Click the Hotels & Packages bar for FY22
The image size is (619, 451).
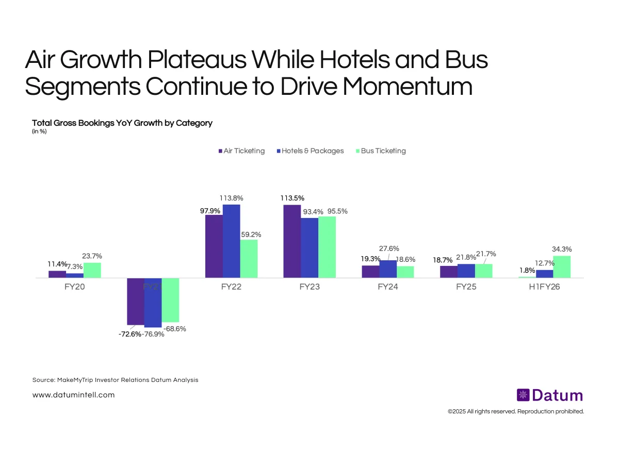pyautogui.click(x=232, y=241)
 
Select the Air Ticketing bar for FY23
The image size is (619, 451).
pyautogui.click(x=292, y=241)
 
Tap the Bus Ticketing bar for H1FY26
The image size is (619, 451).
pyautogui.click(x=562, y=267)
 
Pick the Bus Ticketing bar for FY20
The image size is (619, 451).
pyautogui.click(x=92, y=270)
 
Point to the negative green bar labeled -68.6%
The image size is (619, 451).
pyautogui.click(x=170, y=300)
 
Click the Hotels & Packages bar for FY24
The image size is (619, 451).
pyautogui.click(x=388, y=269)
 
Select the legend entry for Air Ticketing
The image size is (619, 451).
pyautogui.click(x=241, y=151)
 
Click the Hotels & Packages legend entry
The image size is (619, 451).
pyautogui.click(x=309, y=151)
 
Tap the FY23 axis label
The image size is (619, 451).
pyautogui.click(x=309, y=287)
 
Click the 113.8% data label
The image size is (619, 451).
pyautogui.click(x=231, y=198)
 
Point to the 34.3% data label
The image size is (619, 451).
pyautogui.click(x=562, y=249)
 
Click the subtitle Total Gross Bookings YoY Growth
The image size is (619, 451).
pyautogui.click(x=122, y=123)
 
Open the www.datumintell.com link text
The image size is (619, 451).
pyautogui.click(x=73, y=395)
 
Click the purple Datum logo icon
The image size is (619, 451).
pyautogui.click(x=523, y=395)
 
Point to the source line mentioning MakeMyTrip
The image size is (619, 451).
pyautogui.click(x=115, y=380)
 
